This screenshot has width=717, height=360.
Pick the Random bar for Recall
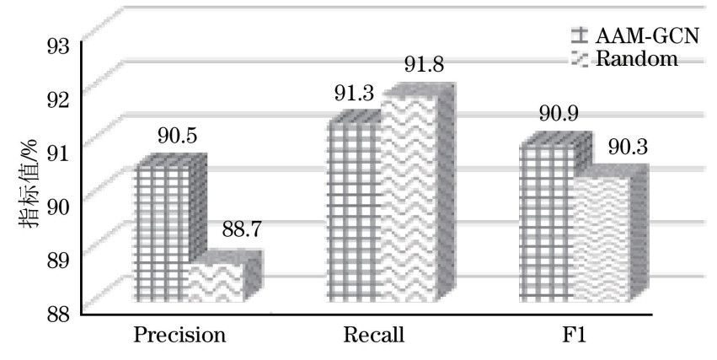pyautogui.click(x=409, y=198)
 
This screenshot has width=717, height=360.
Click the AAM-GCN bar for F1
pyautogui.click(x=546, y=223)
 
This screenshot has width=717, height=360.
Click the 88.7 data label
pyautogui.click(x=240, y=229)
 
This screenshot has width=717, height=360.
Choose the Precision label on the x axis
pyautogui.click(x=180, y=335)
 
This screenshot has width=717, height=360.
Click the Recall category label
pyautogui.click(x=374, y=335)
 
